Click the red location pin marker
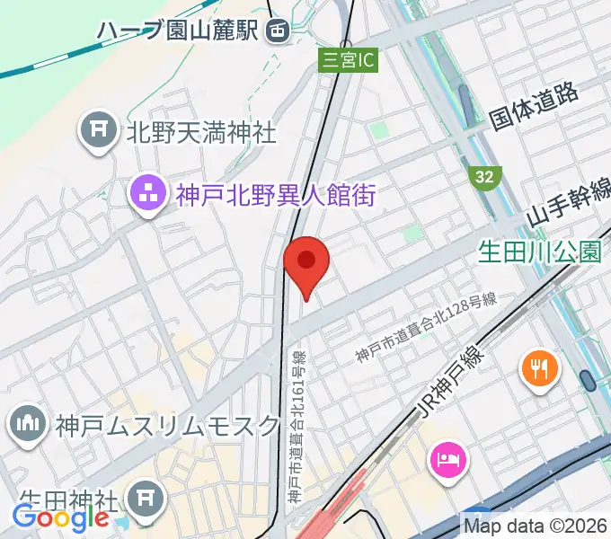pyautogui.click(x=306, y=261)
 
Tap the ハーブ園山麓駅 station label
pyautogui.click(x=179, y=31)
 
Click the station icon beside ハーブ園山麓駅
pyautogui.click(x=278, y=31)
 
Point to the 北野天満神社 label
pyautogui.click(x=200, y=134)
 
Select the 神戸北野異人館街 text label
pyautogui.click(x=274, y=193)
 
